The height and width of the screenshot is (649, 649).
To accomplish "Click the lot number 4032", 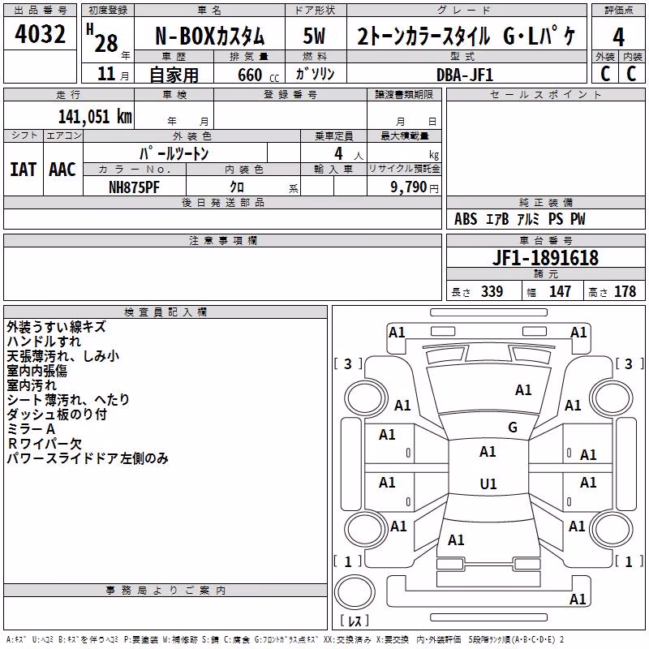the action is point(40,34).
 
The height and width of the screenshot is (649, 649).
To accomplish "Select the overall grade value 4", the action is point(618,37).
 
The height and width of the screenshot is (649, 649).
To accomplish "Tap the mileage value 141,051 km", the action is point(95,116).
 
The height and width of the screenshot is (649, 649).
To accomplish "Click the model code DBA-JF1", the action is point(465,75).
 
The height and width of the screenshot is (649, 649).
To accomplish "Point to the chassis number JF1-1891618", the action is point(545,258).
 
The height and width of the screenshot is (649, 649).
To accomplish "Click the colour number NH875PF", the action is point(134,187).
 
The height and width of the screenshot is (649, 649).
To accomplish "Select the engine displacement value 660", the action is point(250,75).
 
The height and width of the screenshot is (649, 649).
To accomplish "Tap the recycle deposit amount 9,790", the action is point(408,187).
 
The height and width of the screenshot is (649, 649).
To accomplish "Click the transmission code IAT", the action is point(23,170).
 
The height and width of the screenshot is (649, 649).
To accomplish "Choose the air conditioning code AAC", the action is point(62,170).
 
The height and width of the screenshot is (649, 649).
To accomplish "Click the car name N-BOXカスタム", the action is point(209,37).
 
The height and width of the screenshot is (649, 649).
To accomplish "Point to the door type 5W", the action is point(314,36).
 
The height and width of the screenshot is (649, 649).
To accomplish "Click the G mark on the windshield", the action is point(513,427).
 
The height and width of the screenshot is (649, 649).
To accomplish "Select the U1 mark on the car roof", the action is point(488,484).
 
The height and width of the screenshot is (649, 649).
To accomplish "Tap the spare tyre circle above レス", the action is point(355,591).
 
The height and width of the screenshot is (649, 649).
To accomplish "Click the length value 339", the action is point(492,291).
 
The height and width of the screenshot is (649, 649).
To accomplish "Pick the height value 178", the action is point(625,291).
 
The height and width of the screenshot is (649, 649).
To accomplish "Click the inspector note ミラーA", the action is point(31,429).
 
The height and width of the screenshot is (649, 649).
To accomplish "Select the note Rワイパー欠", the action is point(45,443).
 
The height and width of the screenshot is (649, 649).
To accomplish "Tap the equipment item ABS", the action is point(466,219).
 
